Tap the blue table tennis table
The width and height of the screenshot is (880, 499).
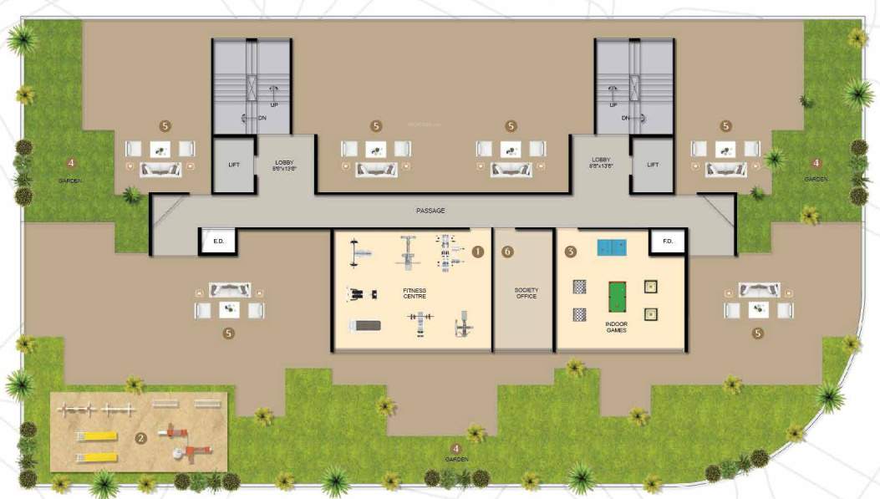(x=613, y=247)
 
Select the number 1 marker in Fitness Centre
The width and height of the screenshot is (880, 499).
(x=478, y=251)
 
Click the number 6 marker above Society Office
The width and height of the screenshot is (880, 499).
(x=507, y=251)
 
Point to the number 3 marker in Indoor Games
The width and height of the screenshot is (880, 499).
(x=571, y=251)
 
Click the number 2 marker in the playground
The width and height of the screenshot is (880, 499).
(x=141, y=436)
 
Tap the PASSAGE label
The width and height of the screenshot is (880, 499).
(x=430, y=211)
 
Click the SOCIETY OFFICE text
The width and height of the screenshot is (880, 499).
(x=526, y=293)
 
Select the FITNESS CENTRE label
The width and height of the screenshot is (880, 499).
(x=415, y=293)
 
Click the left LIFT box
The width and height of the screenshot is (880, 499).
(x=234, y=165)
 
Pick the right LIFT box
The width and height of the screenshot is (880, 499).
(x=653, y=165)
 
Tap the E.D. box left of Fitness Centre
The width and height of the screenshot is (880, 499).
(x=219, y=242)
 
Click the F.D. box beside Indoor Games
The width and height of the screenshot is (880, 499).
(x=668, y=242)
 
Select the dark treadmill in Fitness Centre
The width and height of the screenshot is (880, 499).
(x=364, y=325)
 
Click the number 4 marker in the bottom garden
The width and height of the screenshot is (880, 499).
(x=455, y=449)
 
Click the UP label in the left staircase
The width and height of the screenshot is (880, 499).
(x=273, y=104)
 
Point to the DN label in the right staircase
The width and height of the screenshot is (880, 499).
(x=625, y=118)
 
